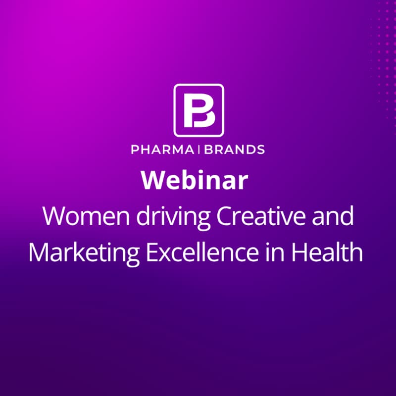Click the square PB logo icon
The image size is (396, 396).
198,110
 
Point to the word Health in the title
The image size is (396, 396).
327,252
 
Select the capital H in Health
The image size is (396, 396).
298,252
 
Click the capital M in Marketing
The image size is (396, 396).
39,252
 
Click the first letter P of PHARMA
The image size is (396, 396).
135,149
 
